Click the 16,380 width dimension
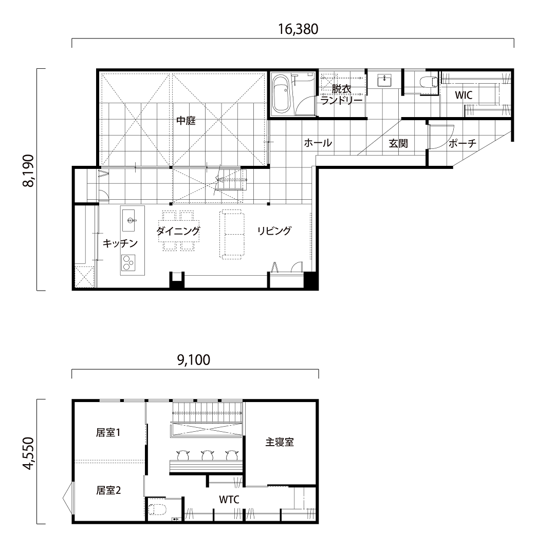point(298,29)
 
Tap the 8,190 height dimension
point(28,171)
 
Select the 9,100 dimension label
point(194,360)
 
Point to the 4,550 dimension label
point(28,453)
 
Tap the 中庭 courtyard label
point(186,121)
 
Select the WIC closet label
point(464,95)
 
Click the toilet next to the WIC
point(428,82)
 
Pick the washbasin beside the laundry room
point(384,80)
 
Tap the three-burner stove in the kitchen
point(128,263)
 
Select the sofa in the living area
point(232,234)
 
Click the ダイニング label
point(178,231)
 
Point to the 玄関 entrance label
point(399,143)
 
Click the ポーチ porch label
point(462,143)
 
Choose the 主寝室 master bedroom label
point(280,442)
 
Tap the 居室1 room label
point(108,432)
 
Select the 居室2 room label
point(108,490)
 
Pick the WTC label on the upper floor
point(229,500)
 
